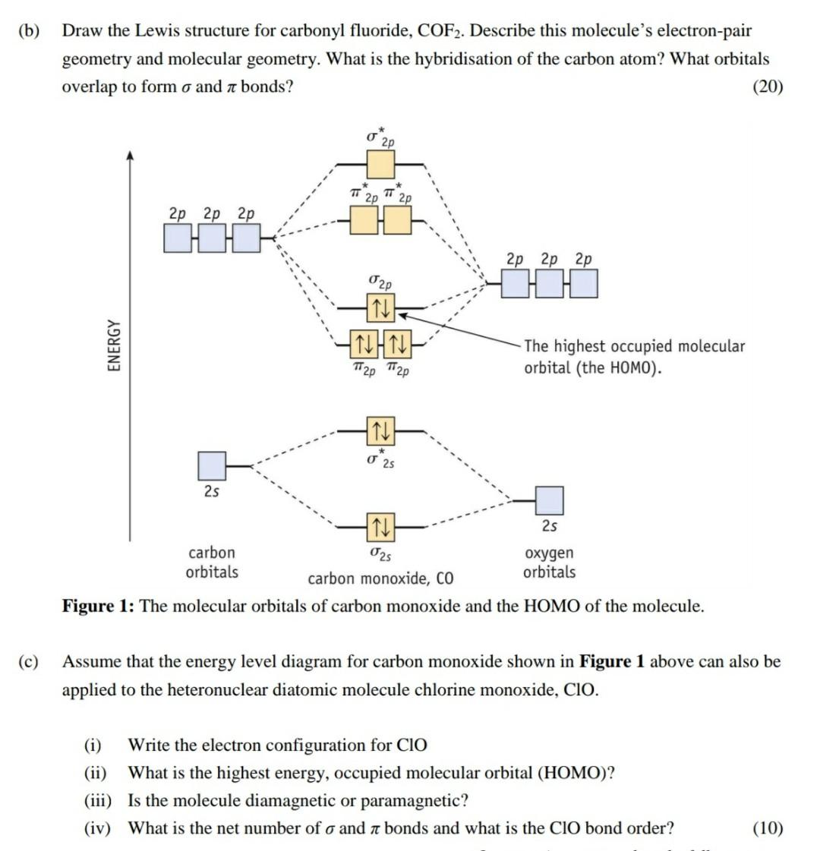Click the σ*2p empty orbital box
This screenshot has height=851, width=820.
coord(380,164)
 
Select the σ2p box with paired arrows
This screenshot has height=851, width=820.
coord(380,307)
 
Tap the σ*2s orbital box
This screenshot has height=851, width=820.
coord(380,431)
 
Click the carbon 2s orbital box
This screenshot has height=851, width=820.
coord(212,465)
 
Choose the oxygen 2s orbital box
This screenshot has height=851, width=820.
coord(550,500)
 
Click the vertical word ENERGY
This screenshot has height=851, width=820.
coord(114,345)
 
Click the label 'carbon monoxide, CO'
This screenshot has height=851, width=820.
coord(380,579)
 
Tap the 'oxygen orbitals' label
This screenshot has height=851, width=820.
coord(549,563)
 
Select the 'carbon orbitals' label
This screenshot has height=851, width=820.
coord(212,563)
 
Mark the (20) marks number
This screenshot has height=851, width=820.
coord(768,87)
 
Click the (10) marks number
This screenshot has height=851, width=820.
coord(768,828)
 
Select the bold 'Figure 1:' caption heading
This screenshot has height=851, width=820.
coord(99,607)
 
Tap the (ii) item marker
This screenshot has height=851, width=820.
coord(95,773)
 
